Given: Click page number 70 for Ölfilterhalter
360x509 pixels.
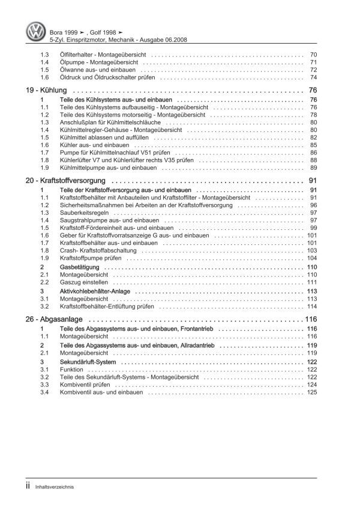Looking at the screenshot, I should (x=313, y=55).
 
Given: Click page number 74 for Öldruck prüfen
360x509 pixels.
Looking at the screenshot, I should (x=313, y=77).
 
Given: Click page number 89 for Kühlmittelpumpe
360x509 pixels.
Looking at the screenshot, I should (x=313, y=168).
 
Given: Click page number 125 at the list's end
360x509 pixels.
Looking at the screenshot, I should (x=311, y=392).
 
